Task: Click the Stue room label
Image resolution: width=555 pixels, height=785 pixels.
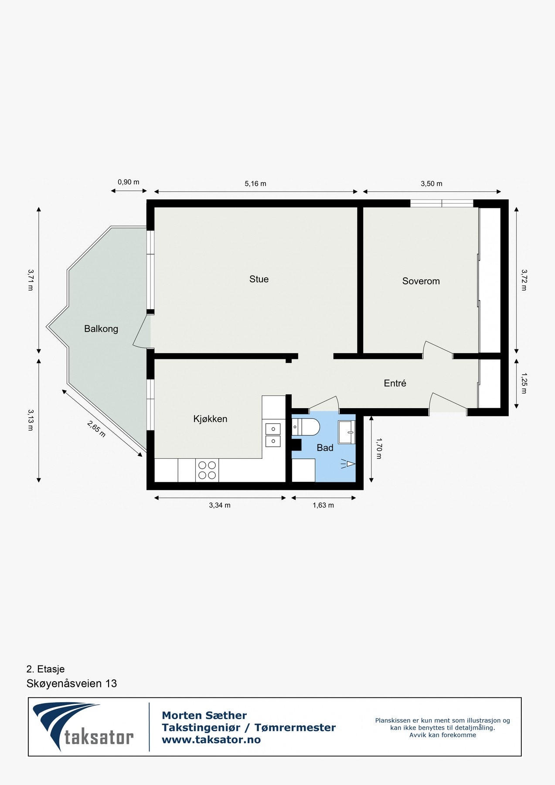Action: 259,279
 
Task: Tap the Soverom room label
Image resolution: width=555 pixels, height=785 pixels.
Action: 421,281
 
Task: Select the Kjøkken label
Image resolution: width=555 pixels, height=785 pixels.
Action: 210,419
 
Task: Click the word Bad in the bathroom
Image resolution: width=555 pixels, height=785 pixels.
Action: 325,448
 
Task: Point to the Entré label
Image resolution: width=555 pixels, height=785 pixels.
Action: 395,383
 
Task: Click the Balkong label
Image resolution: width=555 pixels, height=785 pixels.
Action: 101,329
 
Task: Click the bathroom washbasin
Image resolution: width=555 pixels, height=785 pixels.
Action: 347,432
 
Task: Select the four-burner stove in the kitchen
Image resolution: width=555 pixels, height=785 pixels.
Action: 207,471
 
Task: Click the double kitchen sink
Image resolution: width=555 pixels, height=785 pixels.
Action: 273,435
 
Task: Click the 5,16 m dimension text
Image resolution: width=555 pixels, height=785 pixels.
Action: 255,184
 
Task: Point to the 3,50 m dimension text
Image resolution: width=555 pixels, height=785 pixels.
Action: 431,184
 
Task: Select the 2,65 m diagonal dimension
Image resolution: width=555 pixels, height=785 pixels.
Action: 96,429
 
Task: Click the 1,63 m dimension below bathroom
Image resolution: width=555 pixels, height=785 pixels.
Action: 323,505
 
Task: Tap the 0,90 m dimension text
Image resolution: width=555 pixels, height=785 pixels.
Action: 128,182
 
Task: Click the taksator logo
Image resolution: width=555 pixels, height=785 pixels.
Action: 83,726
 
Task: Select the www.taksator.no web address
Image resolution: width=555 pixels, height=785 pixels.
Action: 211,740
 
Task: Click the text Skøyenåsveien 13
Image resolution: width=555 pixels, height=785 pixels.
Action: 72,683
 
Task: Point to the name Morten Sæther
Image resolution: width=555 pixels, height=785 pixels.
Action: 204,716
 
